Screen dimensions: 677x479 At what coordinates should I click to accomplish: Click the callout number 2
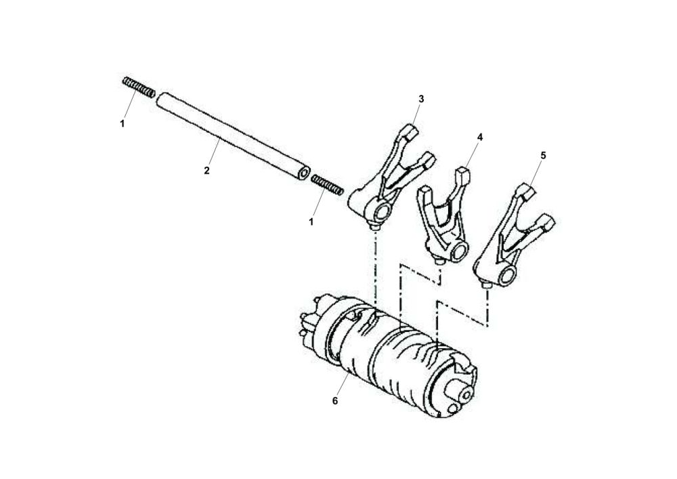[206, 171]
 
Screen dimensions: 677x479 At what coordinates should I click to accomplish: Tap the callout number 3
[420, 99]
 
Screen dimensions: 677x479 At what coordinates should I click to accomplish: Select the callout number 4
[479, 137]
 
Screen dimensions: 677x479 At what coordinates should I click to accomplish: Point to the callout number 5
[543, 155]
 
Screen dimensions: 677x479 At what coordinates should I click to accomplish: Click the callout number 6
[334, 400]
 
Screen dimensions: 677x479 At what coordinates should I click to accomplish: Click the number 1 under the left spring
[122, 124]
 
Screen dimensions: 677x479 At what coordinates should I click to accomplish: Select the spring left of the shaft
[139, 87]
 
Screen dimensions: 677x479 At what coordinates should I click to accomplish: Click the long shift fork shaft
[230, 136]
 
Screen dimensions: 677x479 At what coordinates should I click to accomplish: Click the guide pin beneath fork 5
[487, 288]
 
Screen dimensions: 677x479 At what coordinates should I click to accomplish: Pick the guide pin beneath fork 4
[441, 261]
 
